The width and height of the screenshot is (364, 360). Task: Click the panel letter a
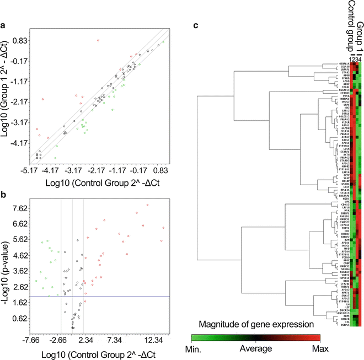(5, 24)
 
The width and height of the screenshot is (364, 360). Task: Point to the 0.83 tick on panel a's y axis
(20, 41)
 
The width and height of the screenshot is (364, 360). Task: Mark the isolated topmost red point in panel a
(98, 40)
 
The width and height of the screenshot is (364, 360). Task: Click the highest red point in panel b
(147, 205)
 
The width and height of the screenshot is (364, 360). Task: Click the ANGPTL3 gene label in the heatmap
(340, 90)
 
